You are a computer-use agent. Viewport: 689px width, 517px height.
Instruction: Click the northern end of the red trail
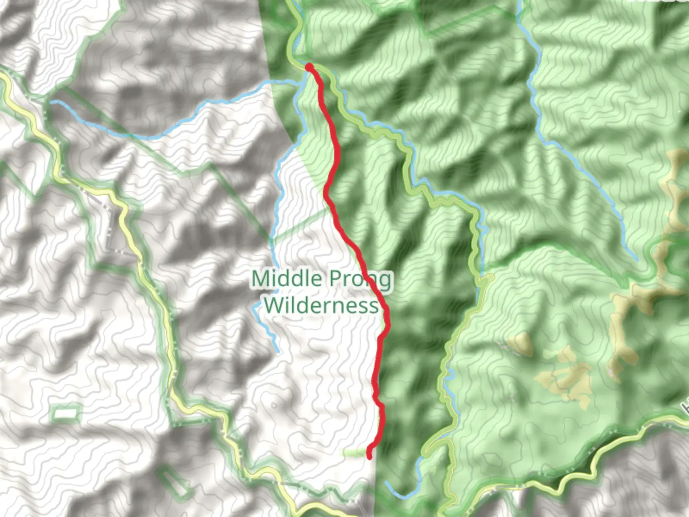[309, 67]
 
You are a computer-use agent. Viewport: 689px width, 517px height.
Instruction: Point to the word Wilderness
[321, 305]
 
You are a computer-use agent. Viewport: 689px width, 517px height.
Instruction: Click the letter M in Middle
[261, 279]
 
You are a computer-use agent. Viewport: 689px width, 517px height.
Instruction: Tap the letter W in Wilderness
[273, 305]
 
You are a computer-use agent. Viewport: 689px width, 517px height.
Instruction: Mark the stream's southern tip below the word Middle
[278, 352]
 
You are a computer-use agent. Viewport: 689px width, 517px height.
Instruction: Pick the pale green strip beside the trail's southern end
[354, 452]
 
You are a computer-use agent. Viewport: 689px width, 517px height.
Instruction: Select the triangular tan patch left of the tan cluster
[522, 344]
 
